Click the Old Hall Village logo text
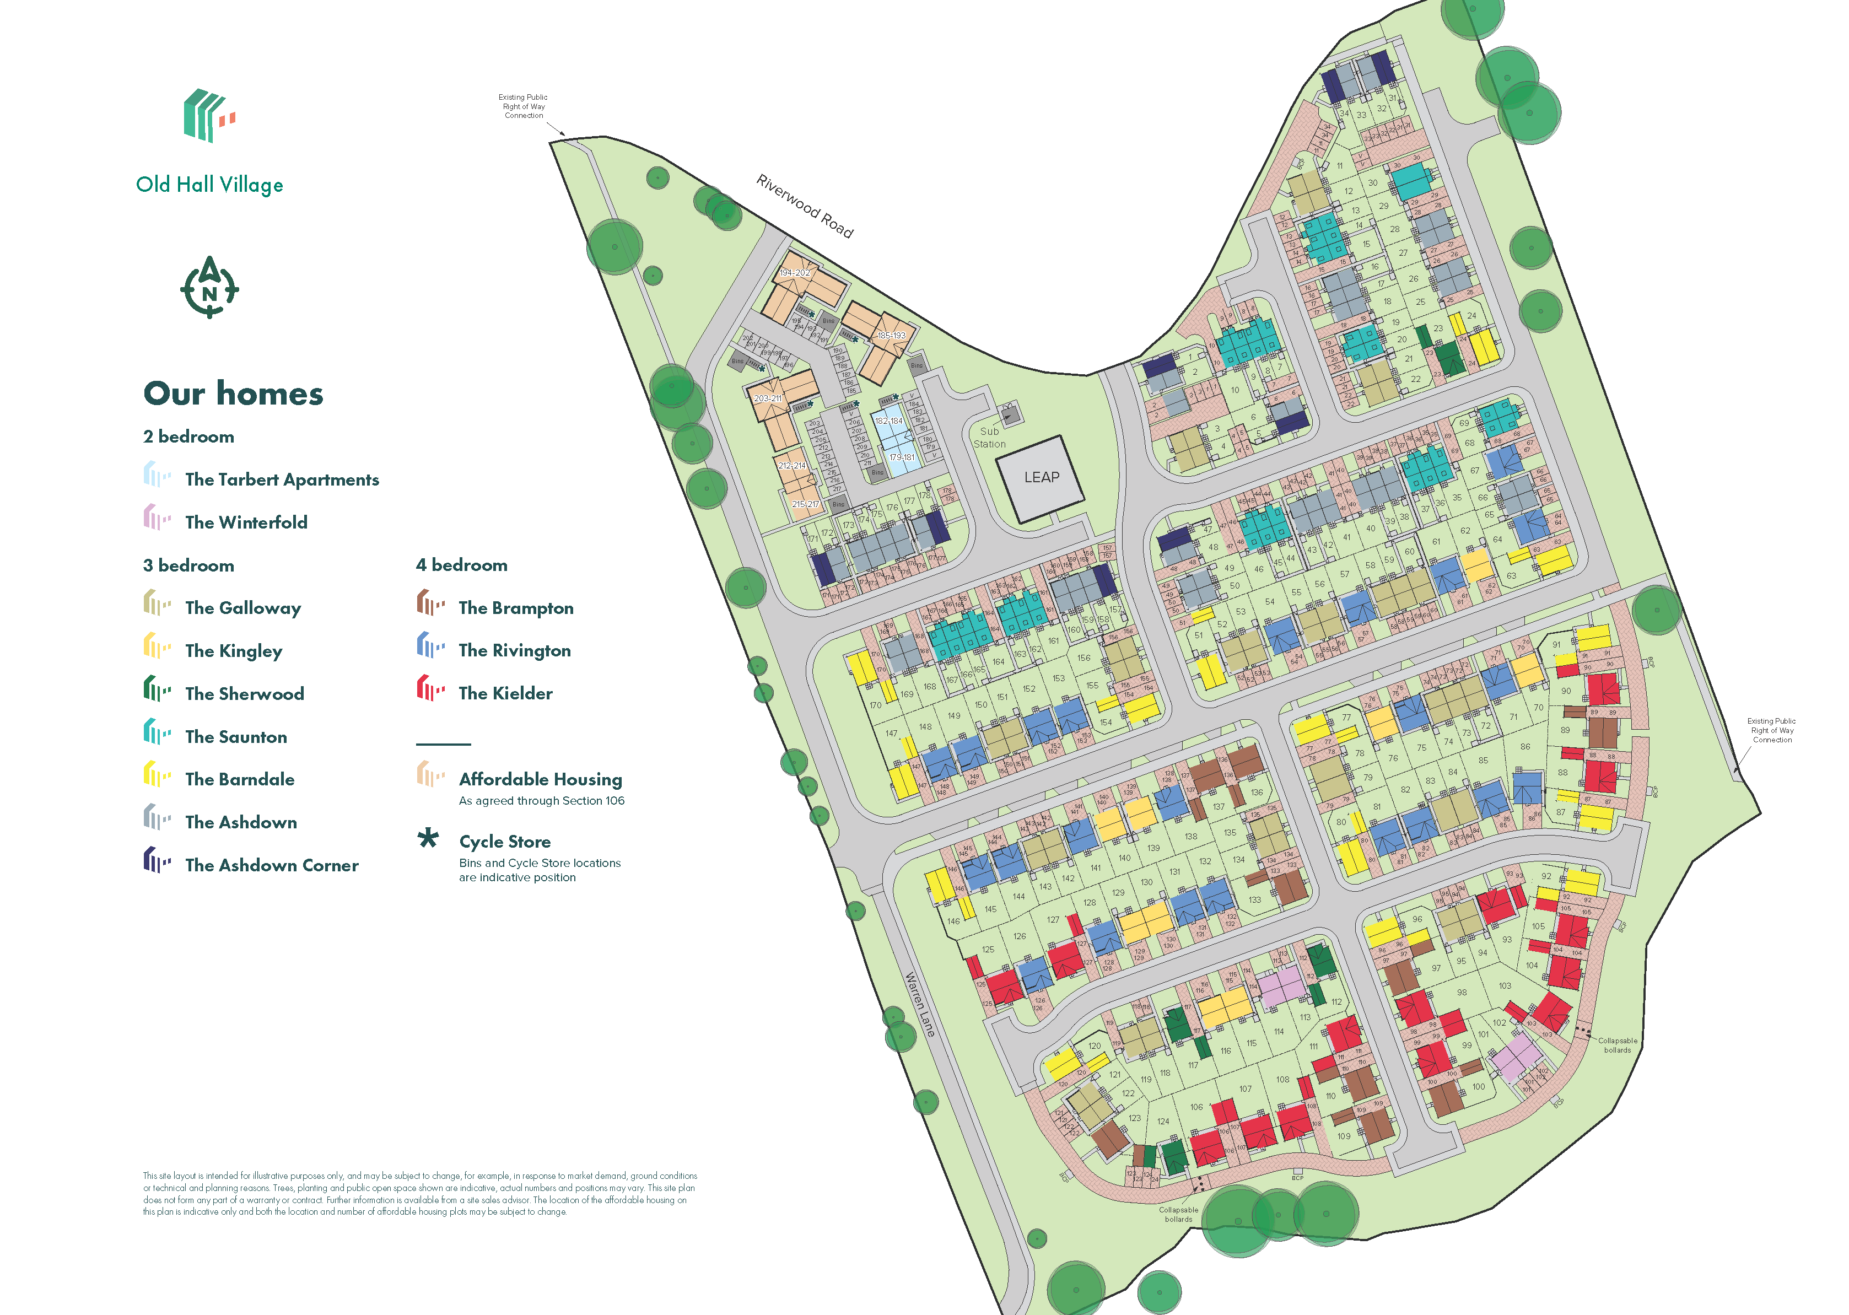(209, 185)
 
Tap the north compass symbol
(209, 288)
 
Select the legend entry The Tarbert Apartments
(281, 479)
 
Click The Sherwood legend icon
(157, 690)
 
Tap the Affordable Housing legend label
(540, 779)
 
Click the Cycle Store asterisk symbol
(428, 839)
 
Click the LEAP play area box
(1041, 478)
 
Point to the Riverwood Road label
(804, 206)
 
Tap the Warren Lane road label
(920, 1005)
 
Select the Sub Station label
(989, 437)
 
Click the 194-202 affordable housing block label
(794, 273)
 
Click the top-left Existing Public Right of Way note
(523, 106)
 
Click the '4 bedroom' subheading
(461, 565)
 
